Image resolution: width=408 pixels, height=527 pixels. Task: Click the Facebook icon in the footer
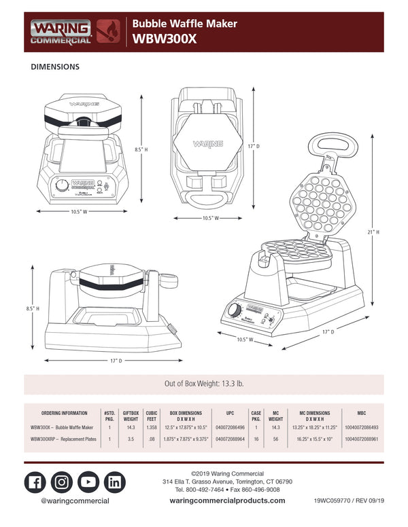click(x=35, y=481)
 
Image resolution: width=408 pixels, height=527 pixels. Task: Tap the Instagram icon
click(x=62, y=481)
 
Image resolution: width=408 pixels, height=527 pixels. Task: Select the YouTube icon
click(x=88, y=481)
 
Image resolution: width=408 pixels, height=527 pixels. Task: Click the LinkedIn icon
click(x=115, y=481)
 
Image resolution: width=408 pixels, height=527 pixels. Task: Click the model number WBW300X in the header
click(x=165, y=39)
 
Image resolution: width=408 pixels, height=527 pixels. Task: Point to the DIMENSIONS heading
click(x=55, y=67)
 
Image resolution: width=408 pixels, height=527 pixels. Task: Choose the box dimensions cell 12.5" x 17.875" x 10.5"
click(x=185, y=427)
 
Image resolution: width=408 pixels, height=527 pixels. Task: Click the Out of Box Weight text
click(x=204, y=384)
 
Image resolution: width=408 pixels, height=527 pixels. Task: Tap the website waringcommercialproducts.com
click(x=227, y=501)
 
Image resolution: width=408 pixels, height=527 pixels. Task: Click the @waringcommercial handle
click(x=75, y=501)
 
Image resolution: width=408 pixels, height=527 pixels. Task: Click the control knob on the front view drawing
click(x=62, y=184)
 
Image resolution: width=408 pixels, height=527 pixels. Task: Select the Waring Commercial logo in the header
click(x=60, y=31)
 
